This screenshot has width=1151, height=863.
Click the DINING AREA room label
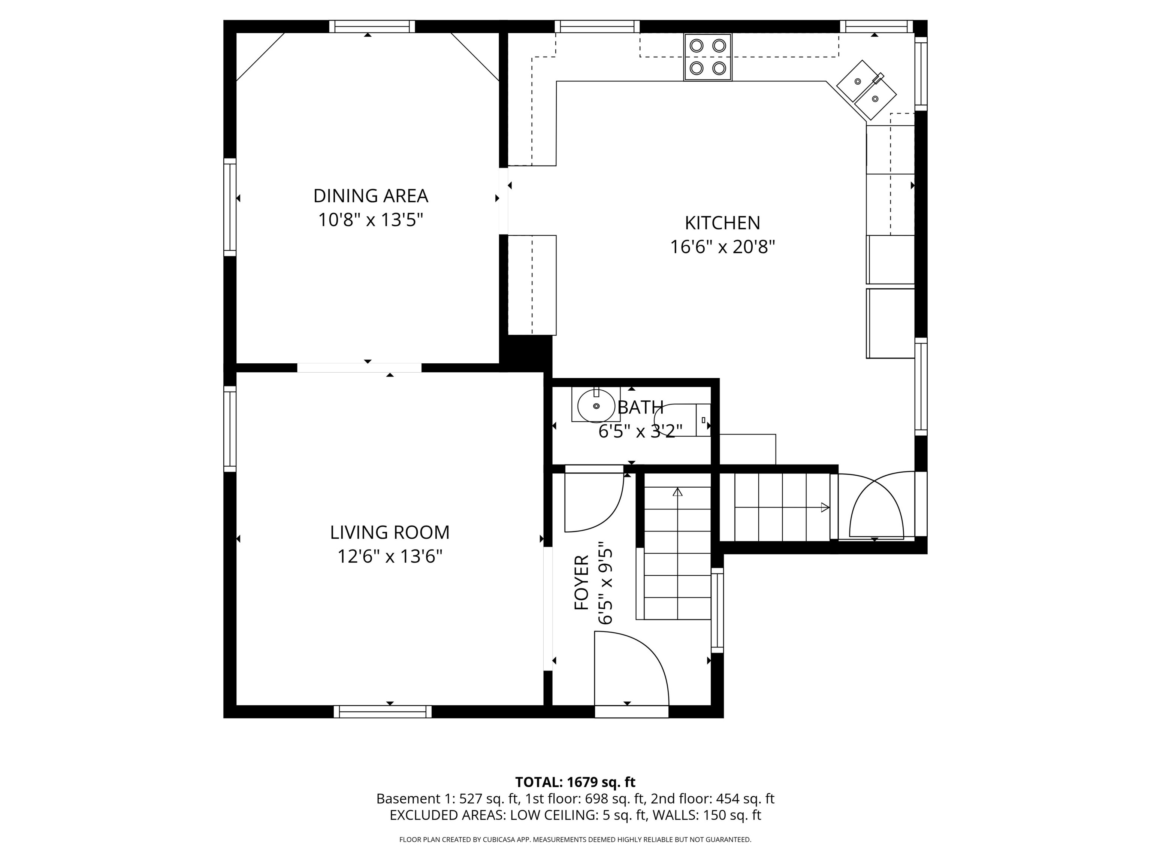click(371, 196)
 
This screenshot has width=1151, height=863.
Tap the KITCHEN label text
click(722, 223)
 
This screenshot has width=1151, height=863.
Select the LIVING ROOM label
click(390, 533)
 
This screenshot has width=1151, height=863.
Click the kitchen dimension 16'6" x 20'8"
click(722, 247)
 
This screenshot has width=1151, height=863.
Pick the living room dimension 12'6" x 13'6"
click(390, 557)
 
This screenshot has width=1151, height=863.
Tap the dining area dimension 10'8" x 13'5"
click(371, 220)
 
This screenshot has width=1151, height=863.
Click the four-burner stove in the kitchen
click(708, 57)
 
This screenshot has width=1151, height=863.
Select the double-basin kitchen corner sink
click(866, 89)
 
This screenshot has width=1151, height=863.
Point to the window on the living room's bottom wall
click(383, 712)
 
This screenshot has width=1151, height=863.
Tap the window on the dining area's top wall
click(372, 27)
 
